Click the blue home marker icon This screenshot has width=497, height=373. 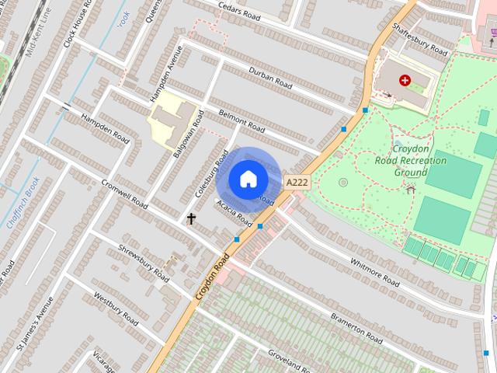(248, 180)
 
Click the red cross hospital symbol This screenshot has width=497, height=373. (405, 80)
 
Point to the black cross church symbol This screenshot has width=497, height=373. (191, 218)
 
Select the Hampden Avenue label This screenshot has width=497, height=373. (166, 74)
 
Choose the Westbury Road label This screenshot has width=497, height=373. (116, 309)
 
